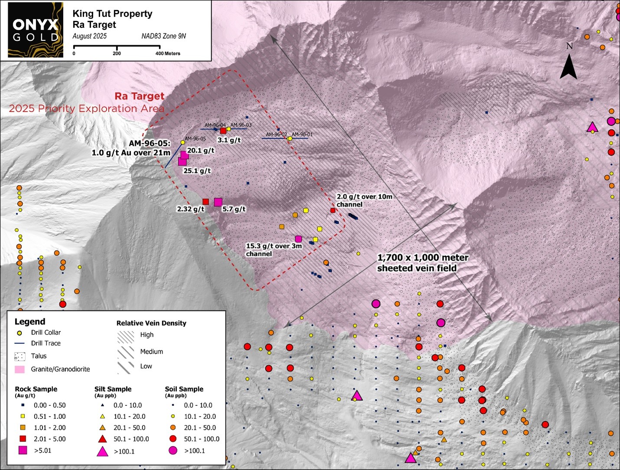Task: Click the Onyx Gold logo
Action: click(x=36, y=30)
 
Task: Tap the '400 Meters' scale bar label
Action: click(x=168, y=54)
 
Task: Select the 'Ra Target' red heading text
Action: click(x=139, y=96)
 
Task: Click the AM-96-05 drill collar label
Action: click(x=195, y=139)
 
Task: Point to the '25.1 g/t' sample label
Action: click(x=197, y=171)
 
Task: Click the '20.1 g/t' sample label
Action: click(x=201, y=151)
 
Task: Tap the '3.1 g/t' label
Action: click(x=229, y=140)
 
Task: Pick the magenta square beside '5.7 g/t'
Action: click(x=218, y=202)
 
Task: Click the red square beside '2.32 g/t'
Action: click(x=206, y=202)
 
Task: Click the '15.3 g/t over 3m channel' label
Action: click(x=274, y=250)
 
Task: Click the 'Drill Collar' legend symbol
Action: click(x=19, y=333)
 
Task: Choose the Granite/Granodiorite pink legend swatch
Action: click(x=20, y=369)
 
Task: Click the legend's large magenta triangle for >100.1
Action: click(x=102, y=451)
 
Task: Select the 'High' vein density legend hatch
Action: click(x=126, y=336)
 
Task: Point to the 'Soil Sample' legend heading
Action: click(x=184, y=389)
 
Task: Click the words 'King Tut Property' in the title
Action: click(x=112, y=14)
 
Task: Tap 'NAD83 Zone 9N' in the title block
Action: click(x=163, y=36)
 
